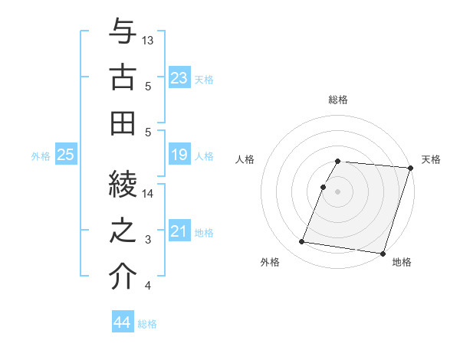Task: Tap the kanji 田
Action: pos(123,123)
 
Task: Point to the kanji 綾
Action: pos(123,185)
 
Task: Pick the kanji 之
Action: pos(123,231)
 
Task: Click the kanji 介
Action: pos(123,277)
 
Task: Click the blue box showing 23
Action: pos(179,78)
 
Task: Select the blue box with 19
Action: pos(179,155)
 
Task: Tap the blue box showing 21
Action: pos(179,232)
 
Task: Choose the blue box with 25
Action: pos(65,155)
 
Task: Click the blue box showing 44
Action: pos(122,323)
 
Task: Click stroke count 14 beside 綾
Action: pos(149,193)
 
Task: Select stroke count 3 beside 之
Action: pos(147,240)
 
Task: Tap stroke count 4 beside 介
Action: pos(147,286)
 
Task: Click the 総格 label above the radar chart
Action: pos(338,100)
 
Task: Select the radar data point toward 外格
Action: pos(302,242)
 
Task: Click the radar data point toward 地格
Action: pos(383,253)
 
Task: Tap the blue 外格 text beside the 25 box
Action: pos(41,156)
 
